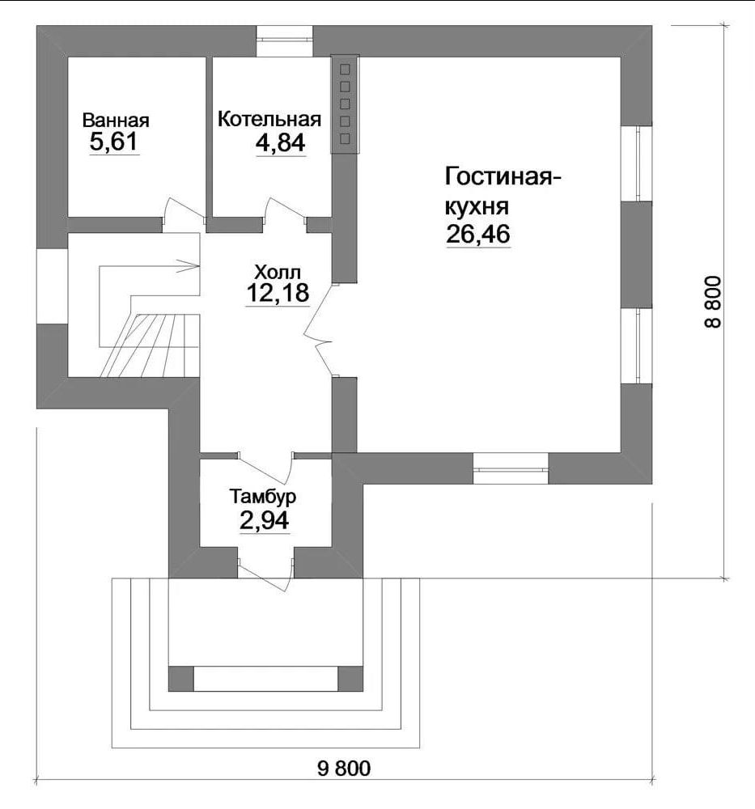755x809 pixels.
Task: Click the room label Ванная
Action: point(116,121)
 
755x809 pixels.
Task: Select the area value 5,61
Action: point(113,142)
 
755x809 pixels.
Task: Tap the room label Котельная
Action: point(269,119)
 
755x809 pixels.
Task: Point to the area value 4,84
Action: point(280,143)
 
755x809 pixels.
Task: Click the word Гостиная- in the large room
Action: point(503,176)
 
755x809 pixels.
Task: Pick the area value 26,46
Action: point(478,234)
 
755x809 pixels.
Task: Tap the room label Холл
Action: point(278,271)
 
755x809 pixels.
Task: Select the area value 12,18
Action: point(278,293)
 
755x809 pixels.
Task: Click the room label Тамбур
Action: point(263,497)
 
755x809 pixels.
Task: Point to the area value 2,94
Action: point(265,520)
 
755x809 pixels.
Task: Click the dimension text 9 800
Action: point(344,769)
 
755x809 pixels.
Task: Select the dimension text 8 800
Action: point(712,303)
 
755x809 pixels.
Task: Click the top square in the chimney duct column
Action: point(346,69)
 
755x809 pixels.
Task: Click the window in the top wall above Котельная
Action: point(284,40)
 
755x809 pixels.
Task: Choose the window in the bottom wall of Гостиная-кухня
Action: point(511,468)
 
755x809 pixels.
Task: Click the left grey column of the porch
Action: point(181,679)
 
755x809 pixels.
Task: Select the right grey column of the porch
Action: point(350,679)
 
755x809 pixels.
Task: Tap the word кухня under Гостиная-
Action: point(477,206)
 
